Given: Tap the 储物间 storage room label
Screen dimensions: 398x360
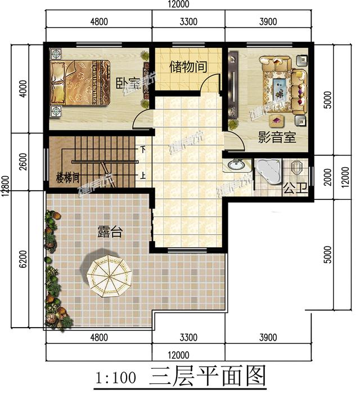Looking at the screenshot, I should [x=188, y=67].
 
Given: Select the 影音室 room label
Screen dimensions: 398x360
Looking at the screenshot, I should [x=277, y=137].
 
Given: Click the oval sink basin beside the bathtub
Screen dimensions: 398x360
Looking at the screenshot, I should [x=237, y=166].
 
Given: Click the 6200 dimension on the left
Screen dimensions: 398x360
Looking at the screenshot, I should [x=23, y=259].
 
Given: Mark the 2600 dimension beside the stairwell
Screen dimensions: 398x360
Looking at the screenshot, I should [x=23, y=161].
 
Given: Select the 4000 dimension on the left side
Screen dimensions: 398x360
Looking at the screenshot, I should [x=23, y=89].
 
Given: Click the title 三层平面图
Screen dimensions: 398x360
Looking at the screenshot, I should [x=207, y=377].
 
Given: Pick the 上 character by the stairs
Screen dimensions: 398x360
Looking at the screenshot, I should [x=143, y=175].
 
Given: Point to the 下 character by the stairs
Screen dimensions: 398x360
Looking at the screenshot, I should [x=143, y=150].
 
